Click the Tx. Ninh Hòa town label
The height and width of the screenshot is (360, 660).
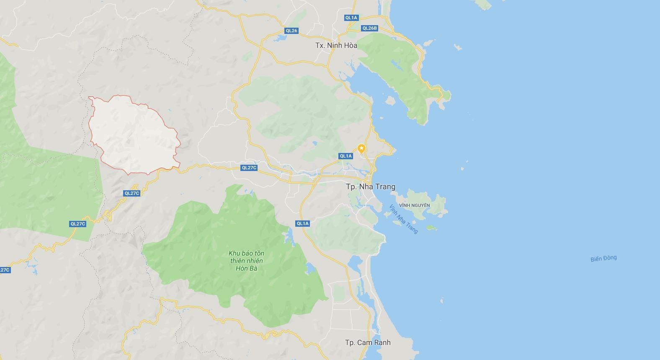pyautogui.click(x=336, y=45)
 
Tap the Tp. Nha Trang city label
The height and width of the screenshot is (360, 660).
pyautogui.click(x=370, y=187)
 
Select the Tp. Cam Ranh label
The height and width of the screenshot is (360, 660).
pyautogui.click(x=368, y=342)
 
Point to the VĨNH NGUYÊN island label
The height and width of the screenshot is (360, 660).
pyautogui.click(x=414, y=205)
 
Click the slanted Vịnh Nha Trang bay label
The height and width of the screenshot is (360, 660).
pyautogui.click(x=403, y=219)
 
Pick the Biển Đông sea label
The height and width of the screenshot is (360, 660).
pyautogui.click(x=603, y=258)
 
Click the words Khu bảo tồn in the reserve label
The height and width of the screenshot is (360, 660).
pyautogui.click(x=246, y=253)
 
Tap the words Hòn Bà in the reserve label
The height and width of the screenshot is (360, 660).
pyautogui.click(x=246, y=268)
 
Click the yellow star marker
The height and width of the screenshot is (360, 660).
pyautogui.click(x=361, y=148)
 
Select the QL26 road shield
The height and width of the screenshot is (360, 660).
pyautogui.click(x=291, y=31)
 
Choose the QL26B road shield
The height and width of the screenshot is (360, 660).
pyautogui.click(x=369, y=28)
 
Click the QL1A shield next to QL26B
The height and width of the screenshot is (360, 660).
pyautogui.click(x=351, y=18)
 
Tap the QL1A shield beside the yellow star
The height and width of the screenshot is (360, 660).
pyautogui.click(x=345, y=156)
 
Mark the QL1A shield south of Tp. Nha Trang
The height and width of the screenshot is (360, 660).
pyautogui.click(x=302, y=223)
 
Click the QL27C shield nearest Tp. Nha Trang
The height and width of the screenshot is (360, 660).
pyautogui.click(x=249, y=168)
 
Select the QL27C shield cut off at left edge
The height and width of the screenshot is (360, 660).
pyautogui.click(x=5, y=270)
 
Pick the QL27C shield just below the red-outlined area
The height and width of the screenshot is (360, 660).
pyautogui.click(x=131, y=193)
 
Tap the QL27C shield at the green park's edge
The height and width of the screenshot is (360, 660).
pyautogui.click(x=78, y=224)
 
